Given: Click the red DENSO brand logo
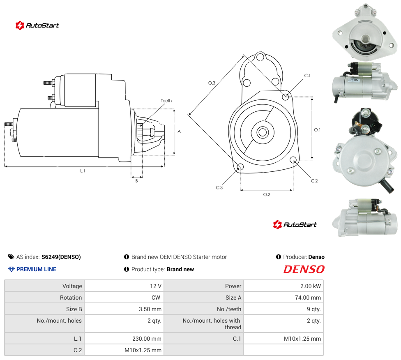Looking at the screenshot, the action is click(x=304, y=270).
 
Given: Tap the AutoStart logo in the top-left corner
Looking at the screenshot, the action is click(x=37, y=25).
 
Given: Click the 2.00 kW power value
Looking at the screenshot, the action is click(x=310, y=286).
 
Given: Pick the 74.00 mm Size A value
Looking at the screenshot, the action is click(x=308, y=298).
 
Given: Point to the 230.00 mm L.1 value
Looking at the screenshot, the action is click(x=147, y=339).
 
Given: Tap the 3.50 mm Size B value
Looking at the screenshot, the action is click(x=150, y=309).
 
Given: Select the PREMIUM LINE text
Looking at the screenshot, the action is click(x=36, y=269).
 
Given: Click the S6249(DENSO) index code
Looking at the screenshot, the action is click(x=61, y=257).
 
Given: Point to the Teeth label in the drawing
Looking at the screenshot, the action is click(x=166, y=101).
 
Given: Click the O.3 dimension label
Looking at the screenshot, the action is click(x=212, y=83).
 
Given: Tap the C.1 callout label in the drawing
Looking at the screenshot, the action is click(x=307, y=76).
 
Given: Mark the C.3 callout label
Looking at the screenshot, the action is click(x=219, y=187).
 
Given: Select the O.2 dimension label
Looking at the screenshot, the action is click(x=267, y=195).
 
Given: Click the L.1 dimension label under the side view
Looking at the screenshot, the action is click(x=82, y=171).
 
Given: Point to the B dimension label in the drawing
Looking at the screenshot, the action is click(x=136, y=181).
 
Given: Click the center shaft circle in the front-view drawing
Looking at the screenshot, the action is click(x=263, y=133).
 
